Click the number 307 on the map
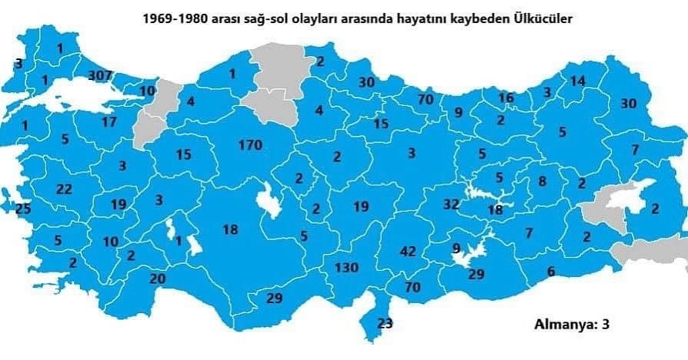101,75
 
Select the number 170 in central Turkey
250,145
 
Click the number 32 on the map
451,205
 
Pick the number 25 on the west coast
23,208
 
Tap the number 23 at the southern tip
386,323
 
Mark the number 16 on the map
506,98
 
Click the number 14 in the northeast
578,81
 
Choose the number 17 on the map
109,122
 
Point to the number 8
542,182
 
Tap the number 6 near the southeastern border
550,271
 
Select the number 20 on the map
157,278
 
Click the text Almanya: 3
572,324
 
